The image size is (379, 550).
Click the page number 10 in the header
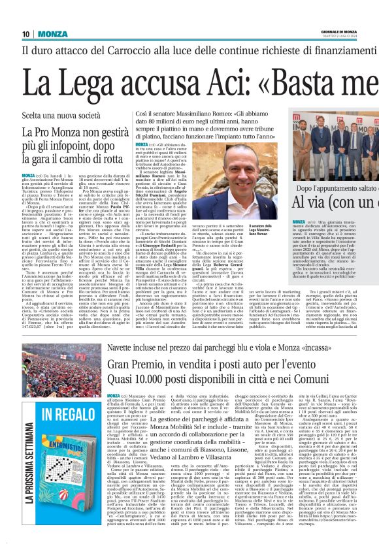tap(25, 34)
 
